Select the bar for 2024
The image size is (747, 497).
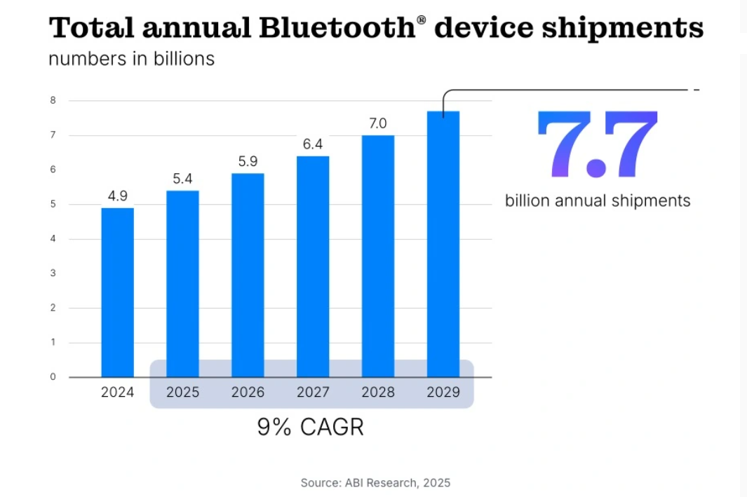point(117,292)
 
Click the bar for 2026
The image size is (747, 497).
point(248,275)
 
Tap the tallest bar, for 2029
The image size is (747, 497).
point(443,244)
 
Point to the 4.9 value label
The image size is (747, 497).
point(117,196)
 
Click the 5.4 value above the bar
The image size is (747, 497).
point(182,179)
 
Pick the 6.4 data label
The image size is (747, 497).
point(313,144)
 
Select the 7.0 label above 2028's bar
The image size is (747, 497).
point(378,123)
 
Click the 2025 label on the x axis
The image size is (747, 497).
point(182,393)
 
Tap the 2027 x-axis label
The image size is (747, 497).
point(313,393)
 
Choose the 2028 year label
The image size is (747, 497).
point(378,393)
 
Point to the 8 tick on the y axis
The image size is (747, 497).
point(53,101)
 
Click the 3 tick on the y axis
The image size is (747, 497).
point(53,273)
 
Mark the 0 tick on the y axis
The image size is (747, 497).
point(53,377)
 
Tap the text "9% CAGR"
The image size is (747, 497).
point(310,427)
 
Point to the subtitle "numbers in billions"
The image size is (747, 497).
point(131,58)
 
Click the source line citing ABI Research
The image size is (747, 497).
point(375,482)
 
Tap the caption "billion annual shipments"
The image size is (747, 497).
point(598,201)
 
